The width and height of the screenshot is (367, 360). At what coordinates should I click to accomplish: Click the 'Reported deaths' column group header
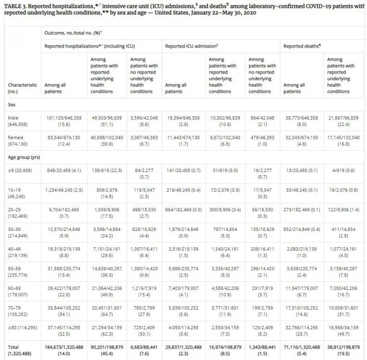[302, 46]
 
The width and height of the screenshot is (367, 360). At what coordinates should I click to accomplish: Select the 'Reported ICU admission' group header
[191, 46]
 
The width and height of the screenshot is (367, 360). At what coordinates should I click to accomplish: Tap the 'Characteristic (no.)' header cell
[22, 88]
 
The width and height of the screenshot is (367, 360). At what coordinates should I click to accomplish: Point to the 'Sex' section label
[12, 105]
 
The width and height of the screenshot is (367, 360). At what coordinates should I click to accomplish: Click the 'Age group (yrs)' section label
[24, 157]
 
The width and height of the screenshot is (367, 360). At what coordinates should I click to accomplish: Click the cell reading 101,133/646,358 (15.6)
[64, 121]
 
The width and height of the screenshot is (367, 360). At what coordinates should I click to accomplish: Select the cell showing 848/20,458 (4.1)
[64, 170]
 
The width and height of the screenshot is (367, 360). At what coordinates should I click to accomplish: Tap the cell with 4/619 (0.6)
[343, 170]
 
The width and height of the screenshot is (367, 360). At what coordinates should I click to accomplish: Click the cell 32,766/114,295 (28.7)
[302, 331]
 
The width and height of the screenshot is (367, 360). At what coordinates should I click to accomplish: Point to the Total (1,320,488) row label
[19, 350]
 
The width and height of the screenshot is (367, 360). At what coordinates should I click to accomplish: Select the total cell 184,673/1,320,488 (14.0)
[64, 350]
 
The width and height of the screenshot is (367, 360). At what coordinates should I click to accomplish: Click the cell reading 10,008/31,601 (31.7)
[343, 311]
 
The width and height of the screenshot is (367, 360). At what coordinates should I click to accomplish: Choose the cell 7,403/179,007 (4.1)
[183, 291]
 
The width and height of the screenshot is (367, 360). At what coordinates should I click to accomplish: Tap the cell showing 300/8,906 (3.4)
[225, 210]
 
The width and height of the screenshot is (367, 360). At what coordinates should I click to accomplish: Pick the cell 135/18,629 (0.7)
[262, 232]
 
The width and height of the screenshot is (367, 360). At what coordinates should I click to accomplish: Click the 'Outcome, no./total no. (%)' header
[73, 33]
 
